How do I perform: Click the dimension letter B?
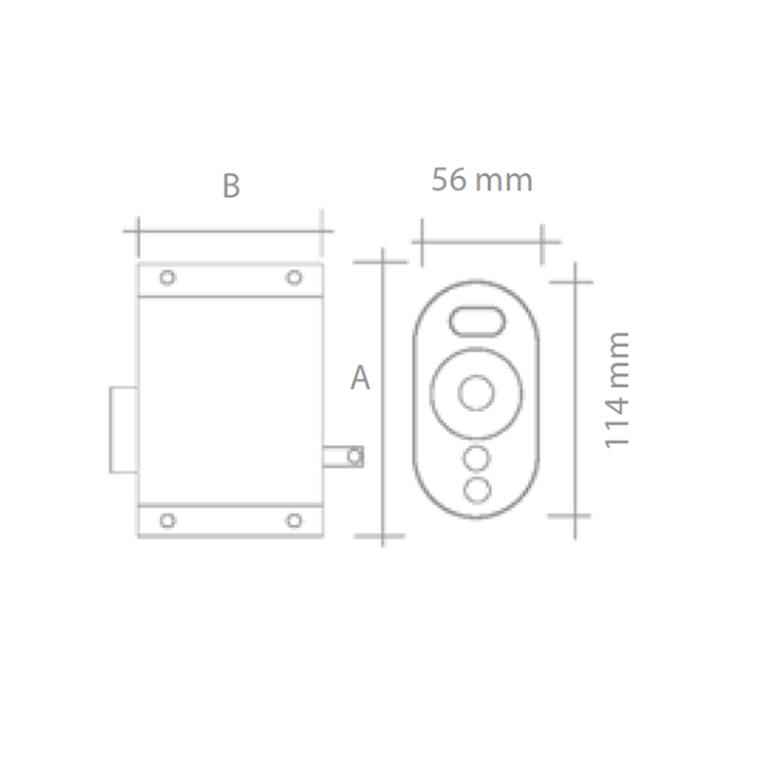coord(230,185)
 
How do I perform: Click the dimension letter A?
coord(360,378)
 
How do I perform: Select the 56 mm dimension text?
coord(481,179)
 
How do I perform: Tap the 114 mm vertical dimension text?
coord(617,390)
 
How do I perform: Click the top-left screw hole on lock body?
coord(167,278)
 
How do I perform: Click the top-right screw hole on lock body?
coord(294,278)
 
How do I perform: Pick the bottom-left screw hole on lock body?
coord(167,520)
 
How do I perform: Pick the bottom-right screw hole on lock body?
coord(294,520)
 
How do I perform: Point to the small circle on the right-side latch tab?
coord(355,458)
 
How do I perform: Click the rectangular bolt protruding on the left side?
coord(124,429)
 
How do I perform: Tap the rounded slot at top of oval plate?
coord(477,321)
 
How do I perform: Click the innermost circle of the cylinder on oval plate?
coord(477,392)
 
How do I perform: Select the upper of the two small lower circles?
coord(477,459)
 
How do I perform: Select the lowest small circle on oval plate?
coord(477,489)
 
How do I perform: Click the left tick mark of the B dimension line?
coord(138,231)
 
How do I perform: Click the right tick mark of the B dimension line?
coord(322,231)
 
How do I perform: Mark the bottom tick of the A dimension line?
coord(381,536)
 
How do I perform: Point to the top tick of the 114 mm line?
coord(576,282)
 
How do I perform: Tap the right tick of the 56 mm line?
coord(542,242)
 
